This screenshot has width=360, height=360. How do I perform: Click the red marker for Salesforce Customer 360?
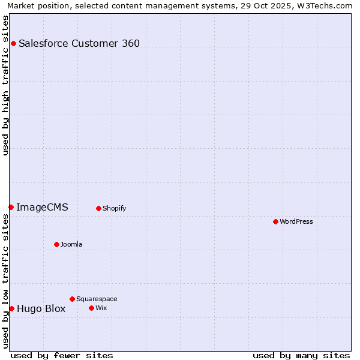tap(13, 43)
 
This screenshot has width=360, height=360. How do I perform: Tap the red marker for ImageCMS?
tap(11, 207)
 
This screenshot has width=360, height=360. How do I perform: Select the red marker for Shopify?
tap(98, 208)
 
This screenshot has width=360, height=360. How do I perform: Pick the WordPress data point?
tap(275, 221)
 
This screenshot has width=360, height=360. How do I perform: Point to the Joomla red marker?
tap(56, 244)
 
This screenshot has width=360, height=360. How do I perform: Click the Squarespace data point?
tap(72, 299)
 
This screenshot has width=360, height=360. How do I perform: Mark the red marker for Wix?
tap(91, 308)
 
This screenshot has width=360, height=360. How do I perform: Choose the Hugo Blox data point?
tap(11, 308)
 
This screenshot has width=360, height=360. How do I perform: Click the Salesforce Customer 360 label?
tap(79, 43)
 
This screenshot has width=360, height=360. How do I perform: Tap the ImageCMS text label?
tap(42, 207)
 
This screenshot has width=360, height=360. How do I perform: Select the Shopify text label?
tap(114, 208)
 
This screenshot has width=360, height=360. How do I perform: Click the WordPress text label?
tap(296, 221)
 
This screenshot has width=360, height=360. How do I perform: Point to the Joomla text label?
tap(71, 244)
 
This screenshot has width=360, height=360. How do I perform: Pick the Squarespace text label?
tap(97, 299)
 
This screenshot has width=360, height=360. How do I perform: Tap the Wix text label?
tap(101, 308)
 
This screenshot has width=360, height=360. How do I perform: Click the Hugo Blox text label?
tap(41, 309)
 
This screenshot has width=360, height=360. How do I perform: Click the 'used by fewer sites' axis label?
tap(62, 355)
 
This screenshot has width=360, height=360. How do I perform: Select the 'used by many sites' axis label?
tap(301, 355)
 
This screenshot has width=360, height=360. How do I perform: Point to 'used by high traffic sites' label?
tap(5, 85)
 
